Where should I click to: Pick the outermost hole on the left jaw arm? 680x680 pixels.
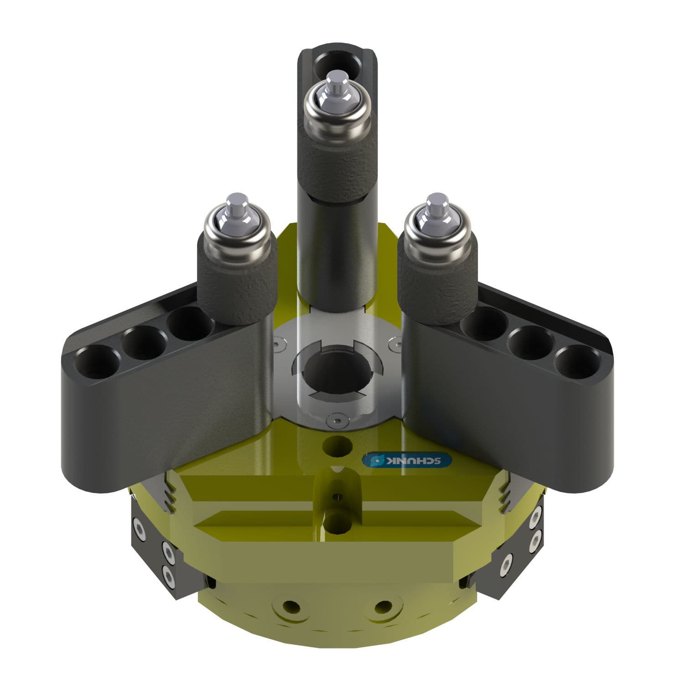tap(96, 362)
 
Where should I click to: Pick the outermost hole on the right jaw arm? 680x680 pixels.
tap(577, 362)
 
